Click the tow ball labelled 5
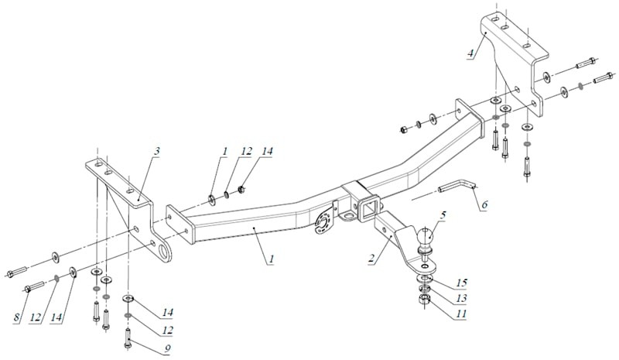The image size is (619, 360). (425, 238)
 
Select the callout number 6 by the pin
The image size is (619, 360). (484, 204)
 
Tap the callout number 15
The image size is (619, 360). (461, 283)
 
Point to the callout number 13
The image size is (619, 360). (461, 298)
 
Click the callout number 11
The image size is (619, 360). (461, 314)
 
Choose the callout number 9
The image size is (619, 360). (167, 348)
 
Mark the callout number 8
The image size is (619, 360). (16, 317)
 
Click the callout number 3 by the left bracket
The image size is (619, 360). (157, 150)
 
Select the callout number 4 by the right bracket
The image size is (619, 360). (470, 53)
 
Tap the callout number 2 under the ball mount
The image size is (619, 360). (371, 259)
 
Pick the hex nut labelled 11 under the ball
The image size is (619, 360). (424, 301)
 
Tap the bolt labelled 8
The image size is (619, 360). (36, 286)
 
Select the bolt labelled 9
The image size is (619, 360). (128, 338)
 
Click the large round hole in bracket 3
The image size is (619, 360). (163, 252)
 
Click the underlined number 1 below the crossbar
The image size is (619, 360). (272, 259)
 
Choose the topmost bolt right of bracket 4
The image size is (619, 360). (586, 63)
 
